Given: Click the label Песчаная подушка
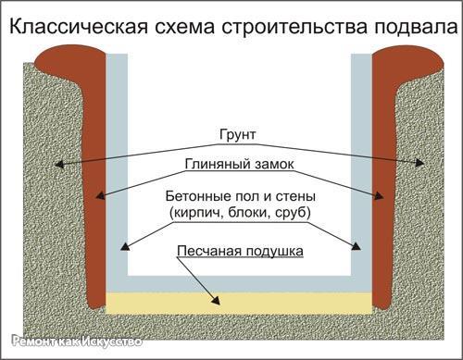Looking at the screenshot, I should tap(240, 251).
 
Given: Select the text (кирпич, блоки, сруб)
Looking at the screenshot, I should tap(240, 214).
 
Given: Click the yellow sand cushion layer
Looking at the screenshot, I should tap(240, 301).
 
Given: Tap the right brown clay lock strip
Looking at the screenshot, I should tap(386, 185).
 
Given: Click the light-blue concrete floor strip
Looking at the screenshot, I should tap(240, 282).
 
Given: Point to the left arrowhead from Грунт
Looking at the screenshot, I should tap(58, 165).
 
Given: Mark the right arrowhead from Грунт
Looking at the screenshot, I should tap(421, 164).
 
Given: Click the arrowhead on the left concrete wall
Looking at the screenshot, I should tap(125, 248).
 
